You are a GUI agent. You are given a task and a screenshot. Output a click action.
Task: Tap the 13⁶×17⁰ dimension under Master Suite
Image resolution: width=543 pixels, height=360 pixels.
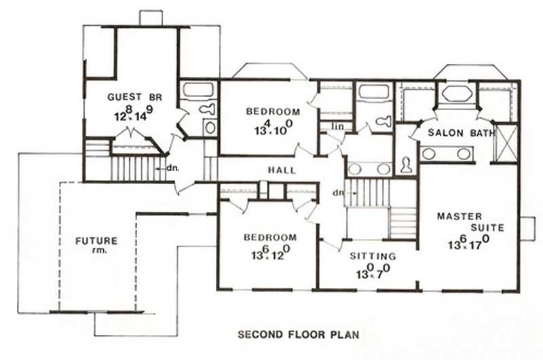pos(468,241)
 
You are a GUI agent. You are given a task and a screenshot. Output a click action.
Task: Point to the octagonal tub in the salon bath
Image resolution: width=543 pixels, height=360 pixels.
pos(453,93)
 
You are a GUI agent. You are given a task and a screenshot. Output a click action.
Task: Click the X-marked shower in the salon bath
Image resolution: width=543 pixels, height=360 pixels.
pos(504,143)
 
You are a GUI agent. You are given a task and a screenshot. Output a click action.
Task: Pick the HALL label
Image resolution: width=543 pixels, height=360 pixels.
pos(282,170)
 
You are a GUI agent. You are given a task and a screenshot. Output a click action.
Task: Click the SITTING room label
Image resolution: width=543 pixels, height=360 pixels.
pos(373,256)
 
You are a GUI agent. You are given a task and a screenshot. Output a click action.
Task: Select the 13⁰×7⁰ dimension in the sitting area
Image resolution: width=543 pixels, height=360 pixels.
pos(371,272)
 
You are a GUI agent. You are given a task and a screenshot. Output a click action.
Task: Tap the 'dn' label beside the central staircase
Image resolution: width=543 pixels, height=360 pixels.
pos(337,193)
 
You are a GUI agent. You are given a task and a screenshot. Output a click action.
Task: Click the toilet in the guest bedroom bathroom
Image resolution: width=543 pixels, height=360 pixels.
pos(207,109)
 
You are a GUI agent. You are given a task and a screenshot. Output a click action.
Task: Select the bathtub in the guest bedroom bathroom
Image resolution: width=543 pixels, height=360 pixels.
pos(198,90)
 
